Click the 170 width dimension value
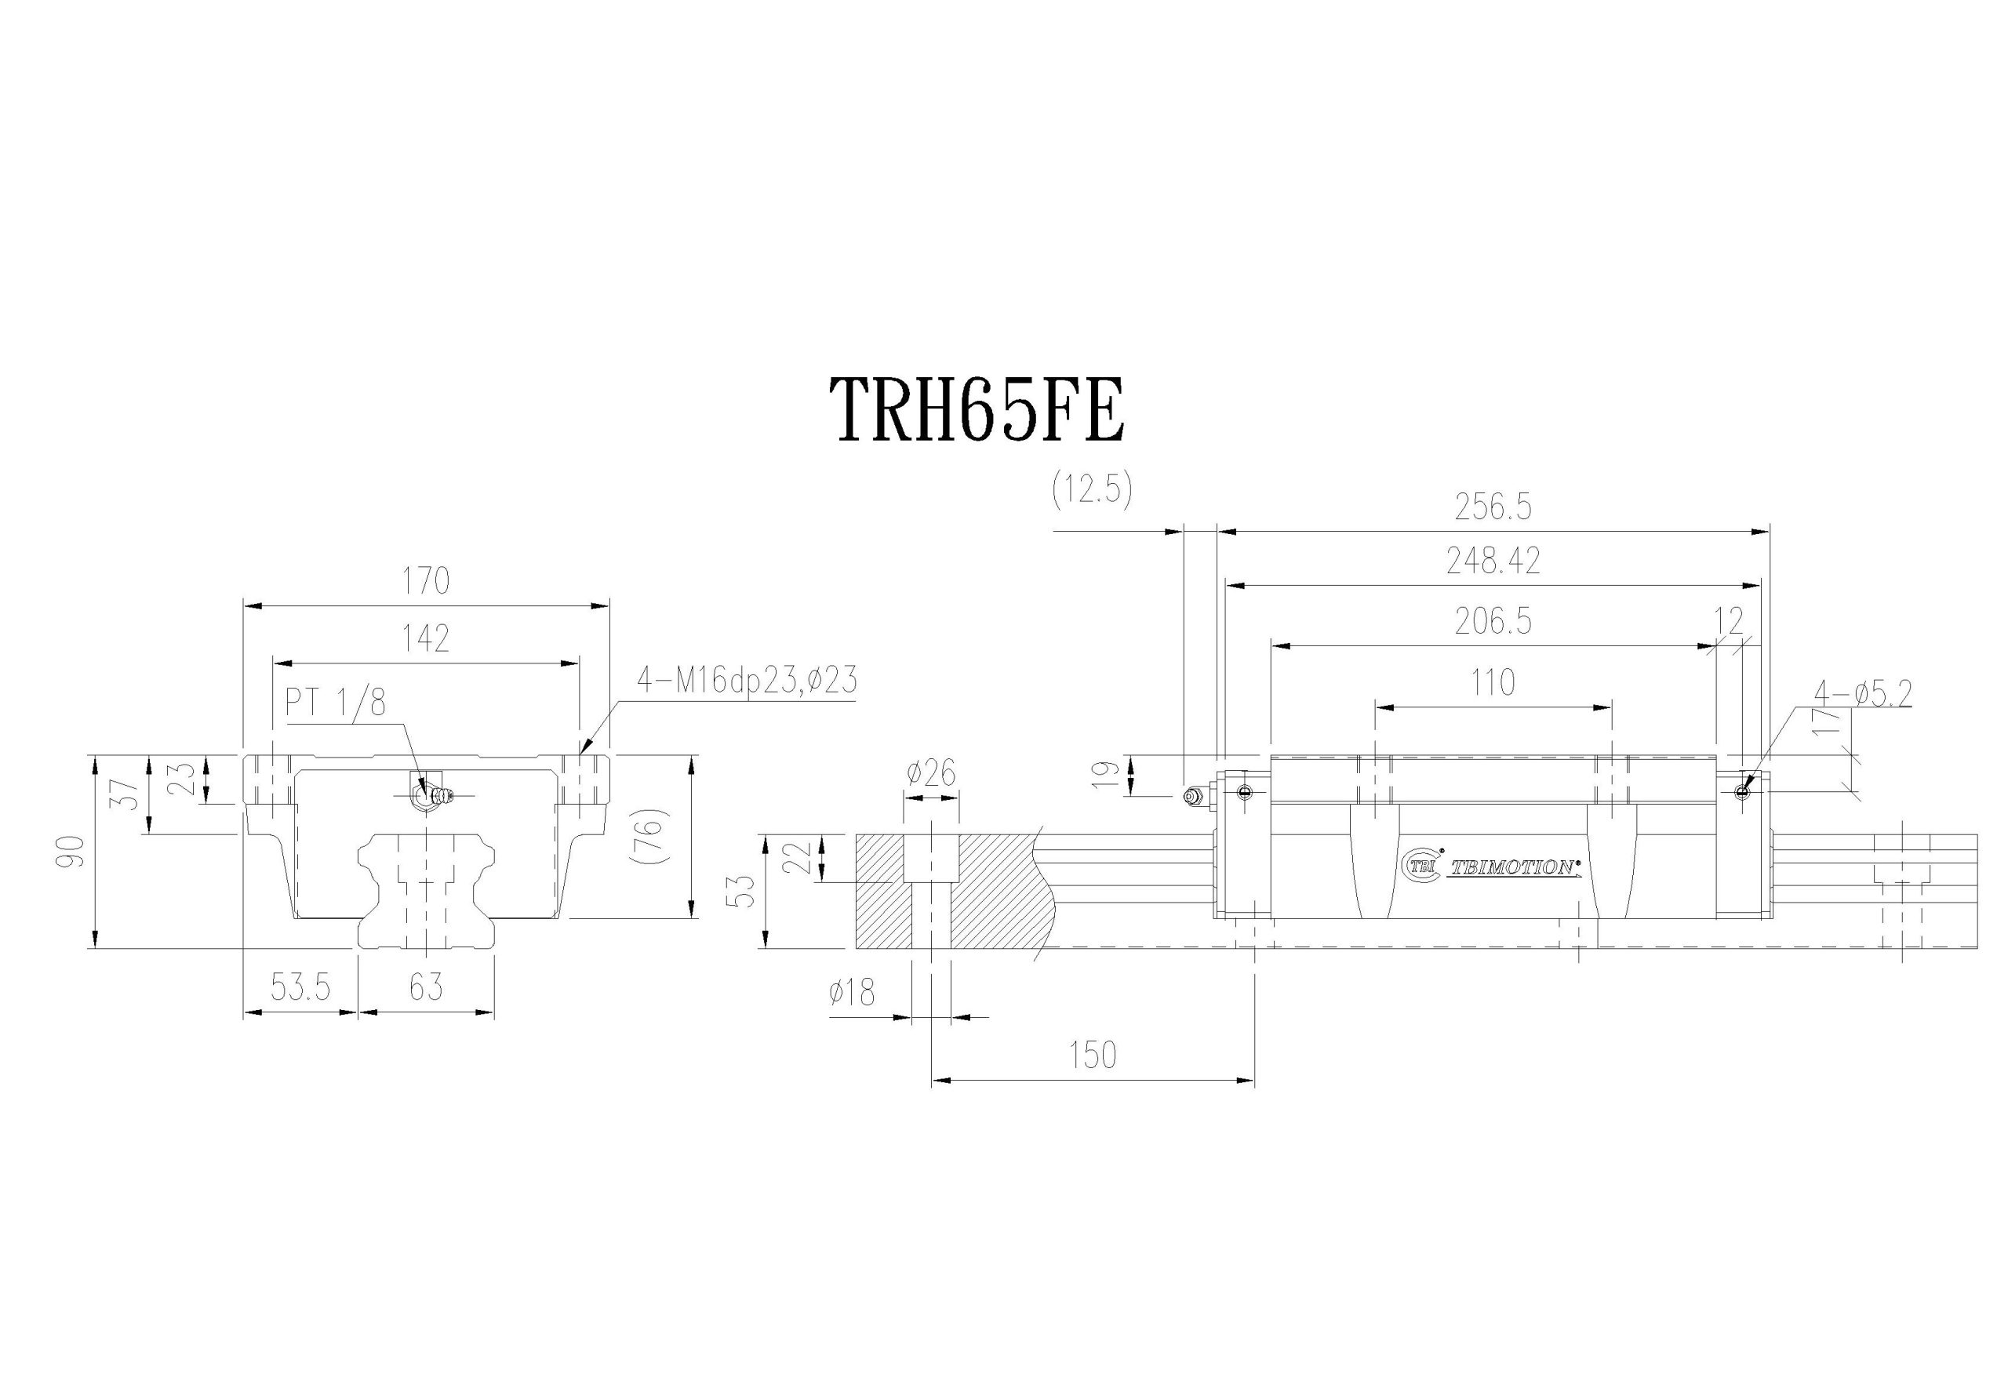point(427,580)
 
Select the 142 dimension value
point(427,639)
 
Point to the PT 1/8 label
point(336,702)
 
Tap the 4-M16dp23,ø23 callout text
point(746,680)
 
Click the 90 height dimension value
point(75,851)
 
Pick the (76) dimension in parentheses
point(649,837)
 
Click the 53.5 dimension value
point(300,988)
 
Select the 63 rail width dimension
point(427,988)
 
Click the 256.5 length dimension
point(1493,508)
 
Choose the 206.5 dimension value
point(1493,622)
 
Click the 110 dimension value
point(1493,682)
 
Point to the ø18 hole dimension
point(851,993)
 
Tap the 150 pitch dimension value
point(1093,1056)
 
